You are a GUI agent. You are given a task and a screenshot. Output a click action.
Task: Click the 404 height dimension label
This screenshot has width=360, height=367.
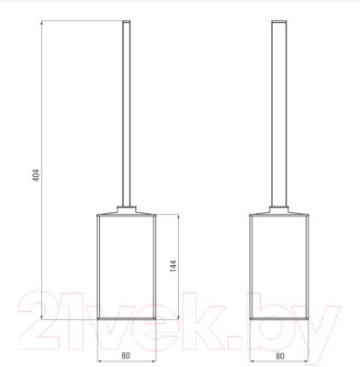[x=36, y=175]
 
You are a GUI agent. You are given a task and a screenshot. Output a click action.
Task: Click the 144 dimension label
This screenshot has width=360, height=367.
[x=173, y=266]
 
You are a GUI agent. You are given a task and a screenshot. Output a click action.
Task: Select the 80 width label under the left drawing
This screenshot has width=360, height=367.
[x=126, y=356]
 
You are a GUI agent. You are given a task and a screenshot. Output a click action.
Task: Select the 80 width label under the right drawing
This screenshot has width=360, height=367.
[x=280, y=356]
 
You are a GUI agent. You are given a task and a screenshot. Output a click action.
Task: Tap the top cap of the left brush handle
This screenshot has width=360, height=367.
[x=127, y=21]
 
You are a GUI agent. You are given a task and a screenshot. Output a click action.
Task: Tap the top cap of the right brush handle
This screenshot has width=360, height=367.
[x=279, y=21]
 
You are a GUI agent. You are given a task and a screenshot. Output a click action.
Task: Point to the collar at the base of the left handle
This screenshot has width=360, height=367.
[x=127, y=209]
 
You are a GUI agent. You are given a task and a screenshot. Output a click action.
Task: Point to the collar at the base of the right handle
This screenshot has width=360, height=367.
[x=279, y=209]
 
